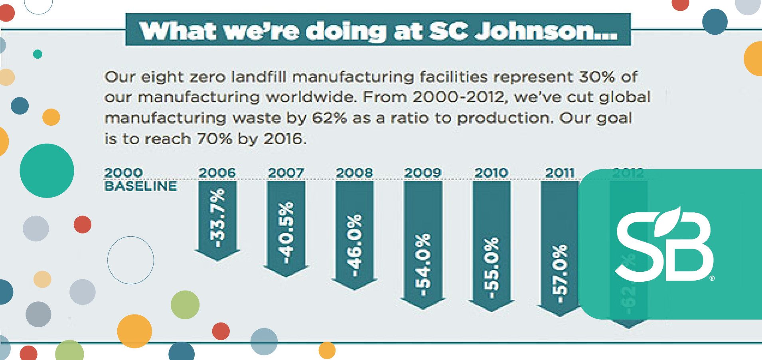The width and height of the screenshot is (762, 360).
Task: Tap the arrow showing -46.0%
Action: [354, 235]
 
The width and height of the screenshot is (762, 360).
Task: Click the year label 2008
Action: [354, 173]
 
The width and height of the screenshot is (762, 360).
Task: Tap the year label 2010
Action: [491, 173]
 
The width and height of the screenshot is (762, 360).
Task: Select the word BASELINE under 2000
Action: [140, 186]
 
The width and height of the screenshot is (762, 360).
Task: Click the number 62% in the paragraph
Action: [329, 118]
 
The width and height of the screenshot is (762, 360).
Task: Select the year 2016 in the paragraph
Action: [284, 139]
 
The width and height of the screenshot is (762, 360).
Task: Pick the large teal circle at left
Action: [47, 171]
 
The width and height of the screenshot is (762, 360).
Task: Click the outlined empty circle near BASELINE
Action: [130, 260]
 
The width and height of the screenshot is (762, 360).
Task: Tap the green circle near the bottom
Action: [185, 305]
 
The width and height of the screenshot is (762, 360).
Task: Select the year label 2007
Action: [286, 173]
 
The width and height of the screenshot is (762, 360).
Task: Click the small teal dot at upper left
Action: [38, 54]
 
